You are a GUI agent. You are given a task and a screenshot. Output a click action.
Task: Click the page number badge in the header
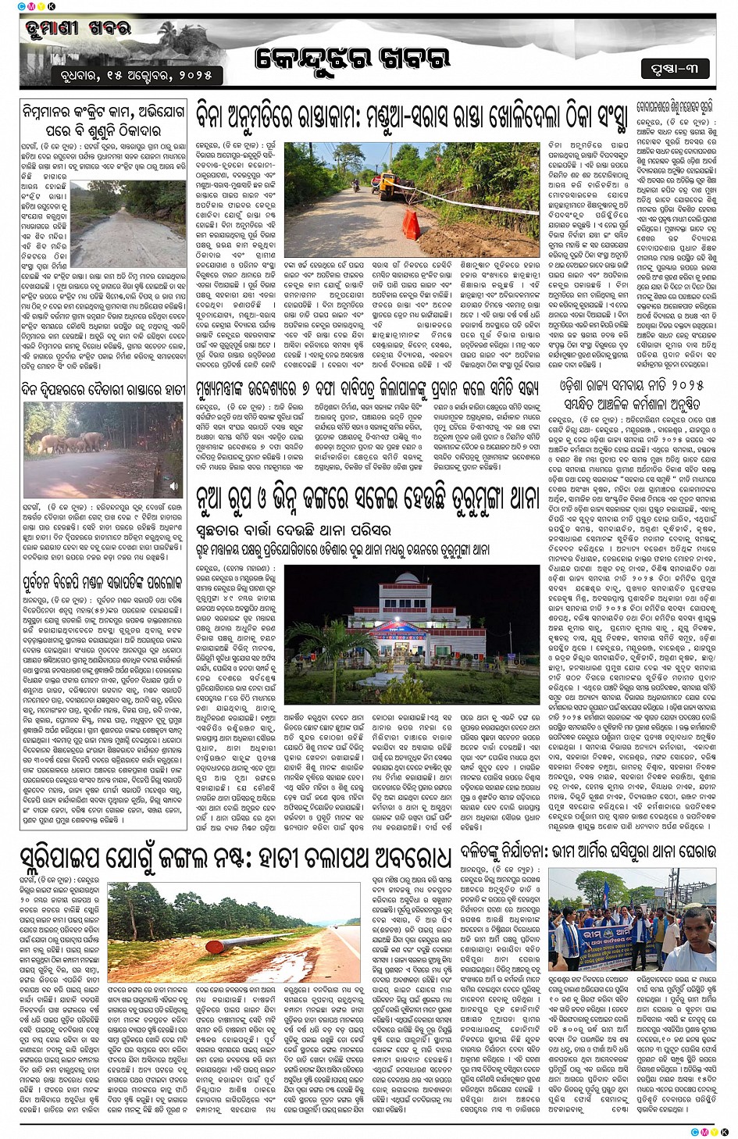(x=676, y=69)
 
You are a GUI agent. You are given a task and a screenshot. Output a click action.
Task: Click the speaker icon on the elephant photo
(x=174, y=486)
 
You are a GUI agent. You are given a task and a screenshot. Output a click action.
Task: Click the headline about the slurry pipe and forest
(x=234, y=857)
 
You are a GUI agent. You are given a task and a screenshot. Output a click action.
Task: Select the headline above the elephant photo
(x=103, y=389)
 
